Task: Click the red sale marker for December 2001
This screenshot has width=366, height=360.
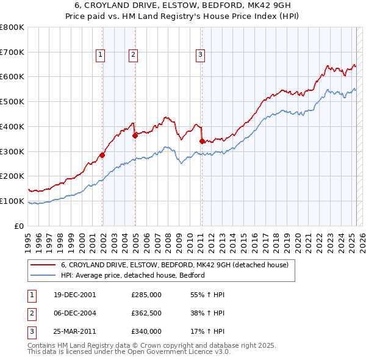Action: coord(102,155)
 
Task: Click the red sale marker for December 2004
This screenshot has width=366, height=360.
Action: coord(135,135)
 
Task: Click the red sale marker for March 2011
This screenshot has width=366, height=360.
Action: coord(202,141)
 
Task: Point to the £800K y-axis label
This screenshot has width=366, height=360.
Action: coord(12,27)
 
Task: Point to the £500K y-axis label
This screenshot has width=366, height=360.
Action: coord(12,102)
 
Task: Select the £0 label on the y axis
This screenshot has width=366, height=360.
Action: coord(20,226)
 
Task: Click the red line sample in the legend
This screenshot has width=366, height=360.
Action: coord(43,265)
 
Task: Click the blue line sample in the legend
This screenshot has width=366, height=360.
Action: coord(43,275)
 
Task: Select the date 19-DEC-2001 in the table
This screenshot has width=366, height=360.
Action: coord(74,295)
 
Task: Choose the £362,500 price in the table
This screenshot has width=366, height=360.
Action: coord(146,313)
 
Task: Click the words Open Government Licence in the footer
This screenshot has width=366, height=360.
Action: coord(178,351)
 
